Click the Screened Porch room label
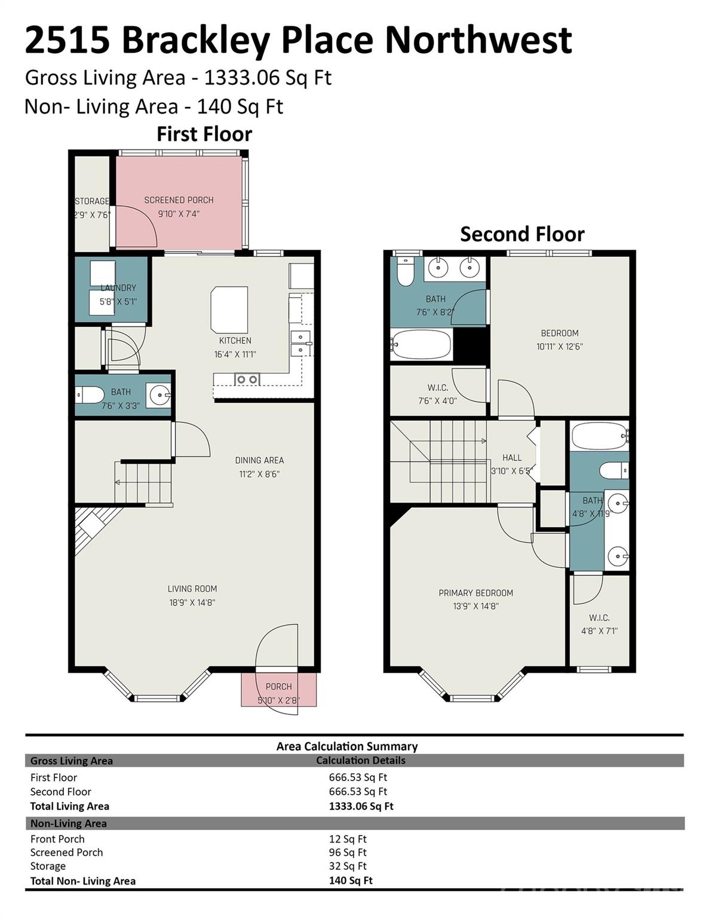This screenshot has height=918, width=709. coord(179,200)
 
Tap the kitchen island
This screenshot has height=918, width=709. coord(229,308)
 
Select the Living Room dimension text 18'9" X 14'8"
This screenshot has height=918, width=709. coord(192,602)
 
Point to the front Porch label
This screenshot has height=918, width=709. coord(278,687)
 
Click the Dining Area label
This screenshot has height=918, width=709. coord(259,460)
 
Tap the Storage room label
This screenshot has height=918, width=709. coord(92,201)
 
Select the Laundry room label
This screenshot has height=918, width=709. coord(118,288)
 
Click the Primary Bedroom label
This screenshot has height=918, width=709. coord(475,593)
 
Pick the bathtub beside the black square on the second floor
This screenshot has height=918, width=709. coord(421,344)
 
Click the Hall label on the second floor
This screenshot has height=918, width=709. coord(512,458)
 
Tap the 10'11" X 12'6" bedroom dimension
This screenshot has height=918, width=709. coord(560,346)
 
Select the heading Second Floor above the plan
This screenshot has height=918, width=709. coord(522,234)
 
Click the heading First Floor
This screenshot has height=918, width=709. coord(204,134)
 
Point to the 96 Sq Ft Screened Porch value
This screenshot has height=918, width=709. coord(348,852)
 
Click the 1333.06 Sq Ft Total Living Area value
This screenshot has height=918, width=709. coord(361,806)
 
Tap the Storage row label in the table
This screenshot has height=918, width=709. coord(48,866)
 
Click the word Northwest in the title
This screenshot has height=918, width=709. coord(478,39)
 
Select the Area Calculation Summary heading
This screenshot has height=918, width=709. coord(347,746)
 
